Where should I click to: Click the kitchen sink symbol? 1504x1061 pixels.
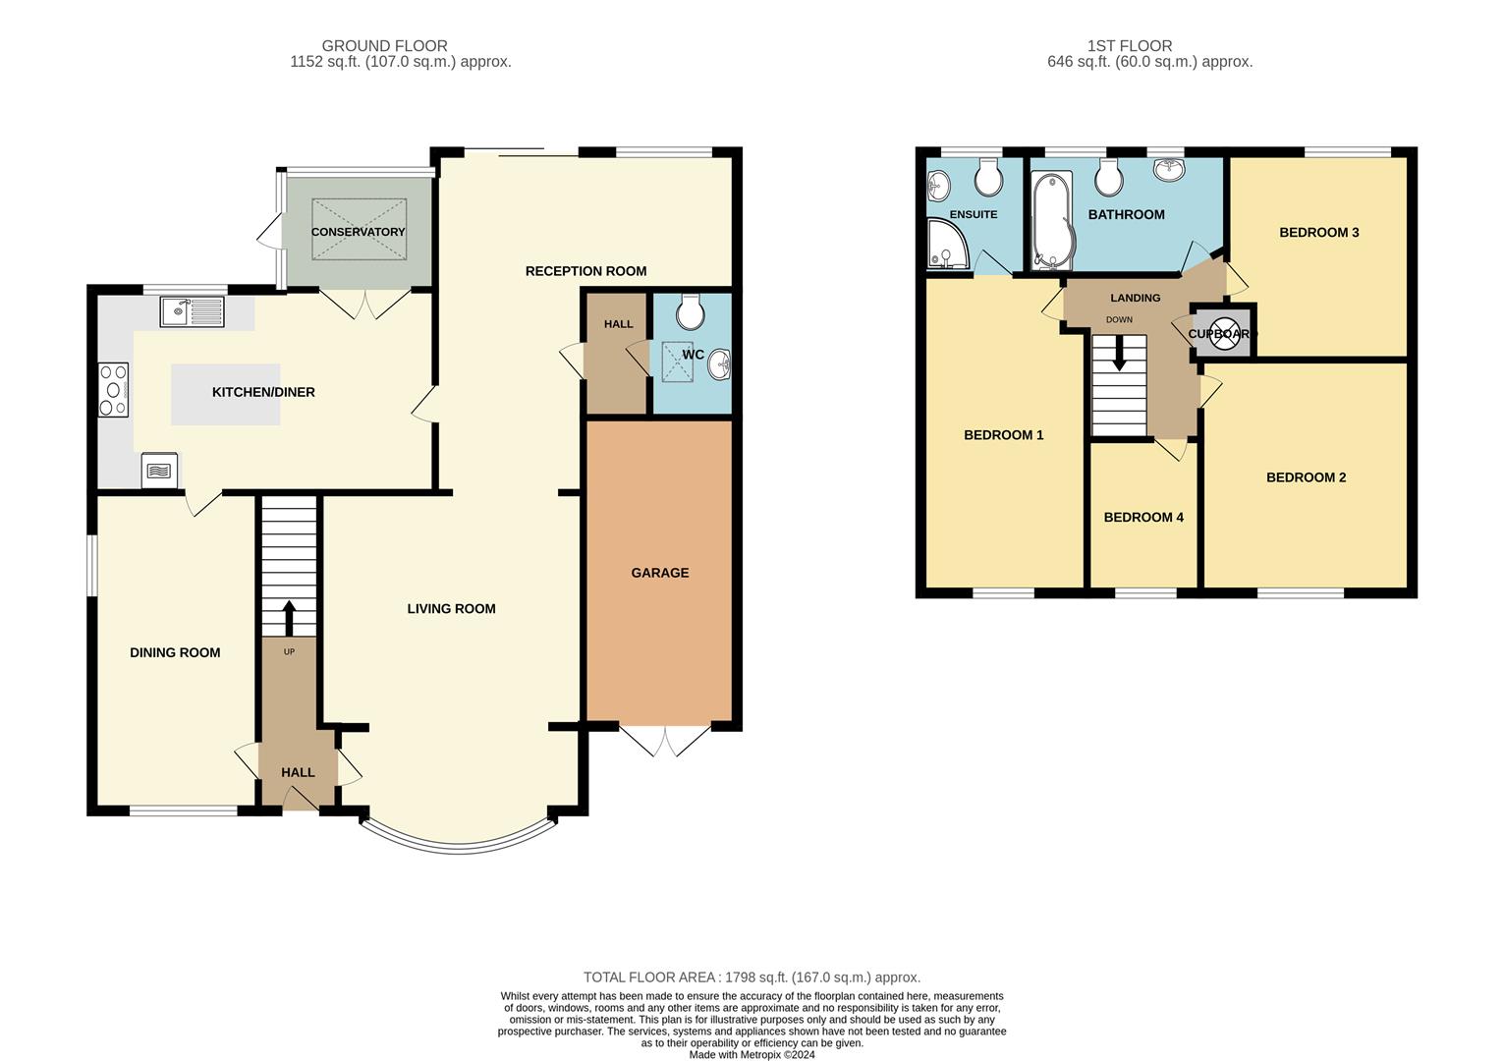click(x=192, y=312)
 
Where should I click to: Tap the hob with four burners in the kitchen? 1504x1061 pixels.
click(x=114, y=389)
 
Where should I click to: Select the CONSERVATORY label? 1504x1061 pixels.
click(x=358, y=232)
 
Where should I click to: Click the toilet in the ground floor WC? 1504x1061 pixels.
click(x=691, y=311)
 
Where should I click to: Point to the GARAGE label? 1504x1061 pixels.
click(x=660, y=573)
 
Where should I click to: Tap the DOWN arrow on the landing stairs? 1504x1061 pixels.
click(x=1119, y=353)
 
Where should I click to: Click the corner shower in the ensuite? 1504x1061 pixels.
click(x=947, y=244)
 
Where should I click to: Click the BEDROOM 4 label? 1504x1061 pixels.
click(x=1143, y=517)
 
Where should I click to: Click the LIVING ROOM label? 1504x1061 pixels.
click(x=451, y=609)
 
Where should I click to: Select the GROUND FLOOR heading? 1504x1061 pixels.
click(x=385, y=45)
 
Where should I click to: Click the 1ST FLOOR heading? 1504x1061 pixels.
click(x=1130, y=45)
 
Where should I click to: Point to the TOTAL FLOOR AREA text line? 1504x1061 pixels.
click(x=752, y=977)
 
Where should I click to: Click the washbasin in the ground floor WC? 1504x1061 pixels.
click(x=719, y=363)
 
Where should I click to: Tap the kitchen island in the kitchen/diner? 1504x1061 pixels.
click(x=226, y=395)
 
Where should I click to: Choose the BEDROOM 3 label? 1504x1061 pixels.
click(x=1318, y=233)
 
